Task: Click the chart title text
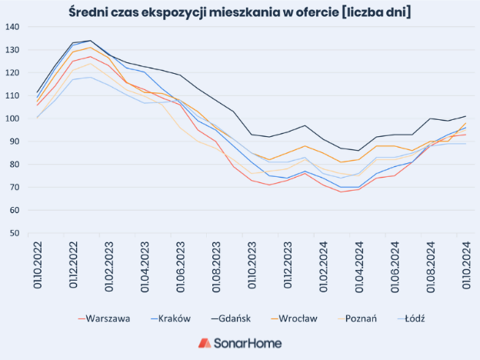pyautogui.click(x=239, y=12)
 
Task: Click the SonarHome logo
pyautogui.click(x=239, y=343)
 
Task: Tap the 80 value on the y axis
pyautogui.click(x=14, y=165)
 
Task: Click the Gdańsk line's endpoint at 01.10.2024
pyautogui.click(x=465, y=116)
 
